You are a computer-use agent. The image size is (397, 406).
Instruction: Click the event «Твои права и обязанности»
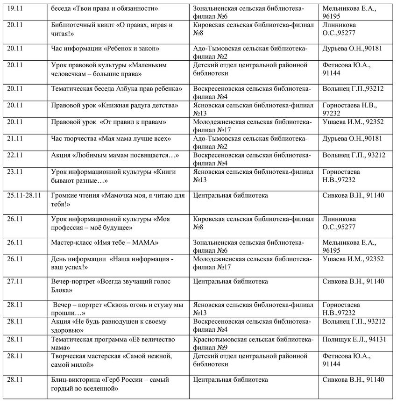point(105,9)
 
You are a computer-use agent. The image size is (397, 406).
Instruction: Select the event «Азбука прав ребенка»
point(116,88)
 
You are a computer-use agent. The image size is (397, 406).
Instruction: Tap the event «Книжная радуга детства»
point(114,106)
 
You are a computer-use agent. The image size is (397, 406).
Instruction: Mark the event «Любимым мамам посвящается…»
point(115,155)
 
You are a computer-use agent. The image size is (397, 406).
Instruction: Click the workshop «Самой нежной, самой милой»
point(112,360)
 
